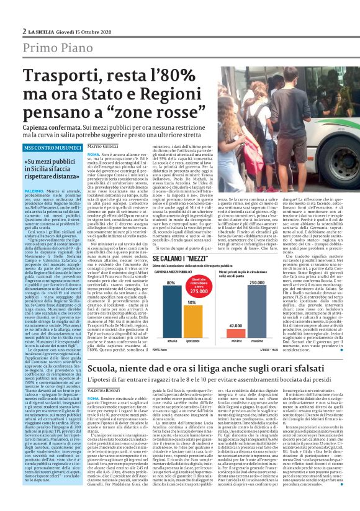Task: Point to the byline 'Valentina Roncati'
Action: coord(103,371)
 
